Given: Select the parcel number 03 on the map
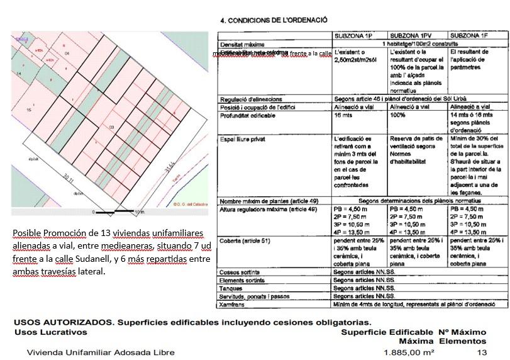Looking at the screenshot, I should (x=112, y=128).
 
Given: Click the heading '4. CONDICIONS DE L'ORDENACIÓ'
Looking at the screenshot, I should (x=274, y=20).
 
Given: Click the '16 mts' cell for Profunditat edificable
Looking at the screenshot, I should (x=343, y=116).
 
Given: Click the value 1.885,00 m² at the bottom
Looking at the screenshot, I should (x=409, y=352).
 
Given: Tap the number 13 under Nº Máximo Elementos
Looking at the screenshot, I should (x=482, y=352).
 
